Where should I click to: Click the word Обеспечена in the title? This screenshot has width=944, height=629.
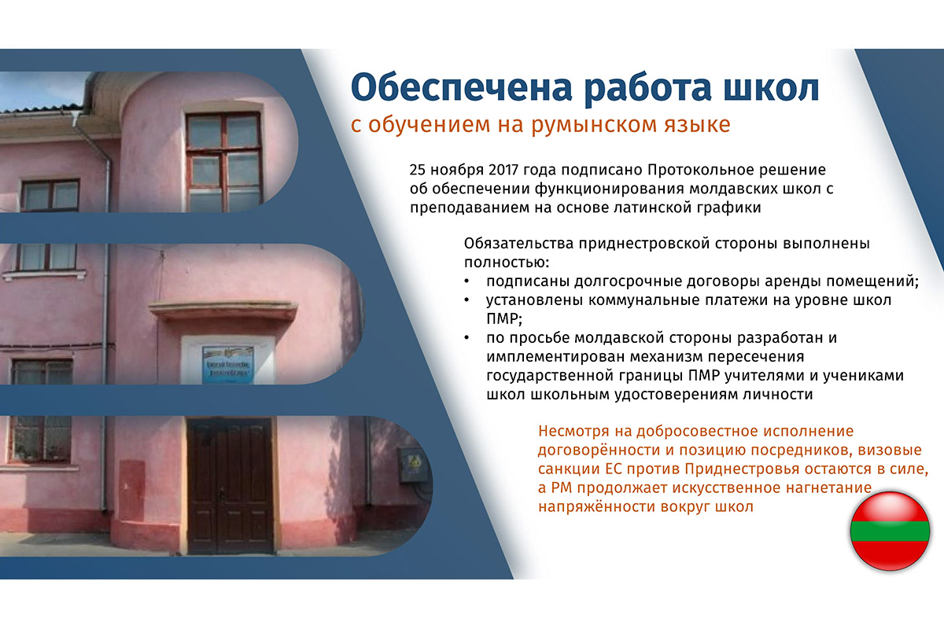tap(461, 87)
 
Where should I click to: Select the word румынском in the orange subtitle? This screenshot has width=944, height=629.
tap(593, 125)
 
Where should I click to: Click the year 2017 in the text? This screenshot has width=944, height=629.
tap(503, 170)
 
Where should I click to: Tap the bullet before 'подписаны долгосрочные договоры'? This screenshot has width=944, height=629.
tap(466, 281)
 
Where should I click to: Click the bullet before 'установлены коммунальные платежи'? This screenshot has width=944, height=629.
tap(466, 300)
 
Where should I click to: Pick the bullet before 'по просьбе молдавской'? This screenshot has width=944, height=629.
tap(466, 338)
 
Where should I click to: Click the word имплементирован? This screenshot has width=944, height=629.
tap(555, 357)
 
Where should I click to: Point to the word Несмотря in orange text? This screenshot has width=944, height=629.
tap(573, 432)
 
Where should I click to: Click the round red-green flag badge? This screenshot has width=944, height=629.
tap(890, 531)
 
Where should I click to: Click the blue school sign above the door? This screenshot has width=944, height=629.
tap(228, 364)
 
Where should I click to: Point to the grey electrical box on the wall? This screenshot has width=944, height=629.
tap(414, 465)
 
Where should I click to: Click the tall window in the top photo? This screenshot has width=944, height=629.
tap(223, 162)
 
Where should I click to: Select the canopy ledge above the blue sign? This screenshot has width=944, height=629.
tap(223, 311)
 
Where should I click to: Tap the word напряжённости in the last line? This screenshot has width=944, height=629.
tap(597, 507)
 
